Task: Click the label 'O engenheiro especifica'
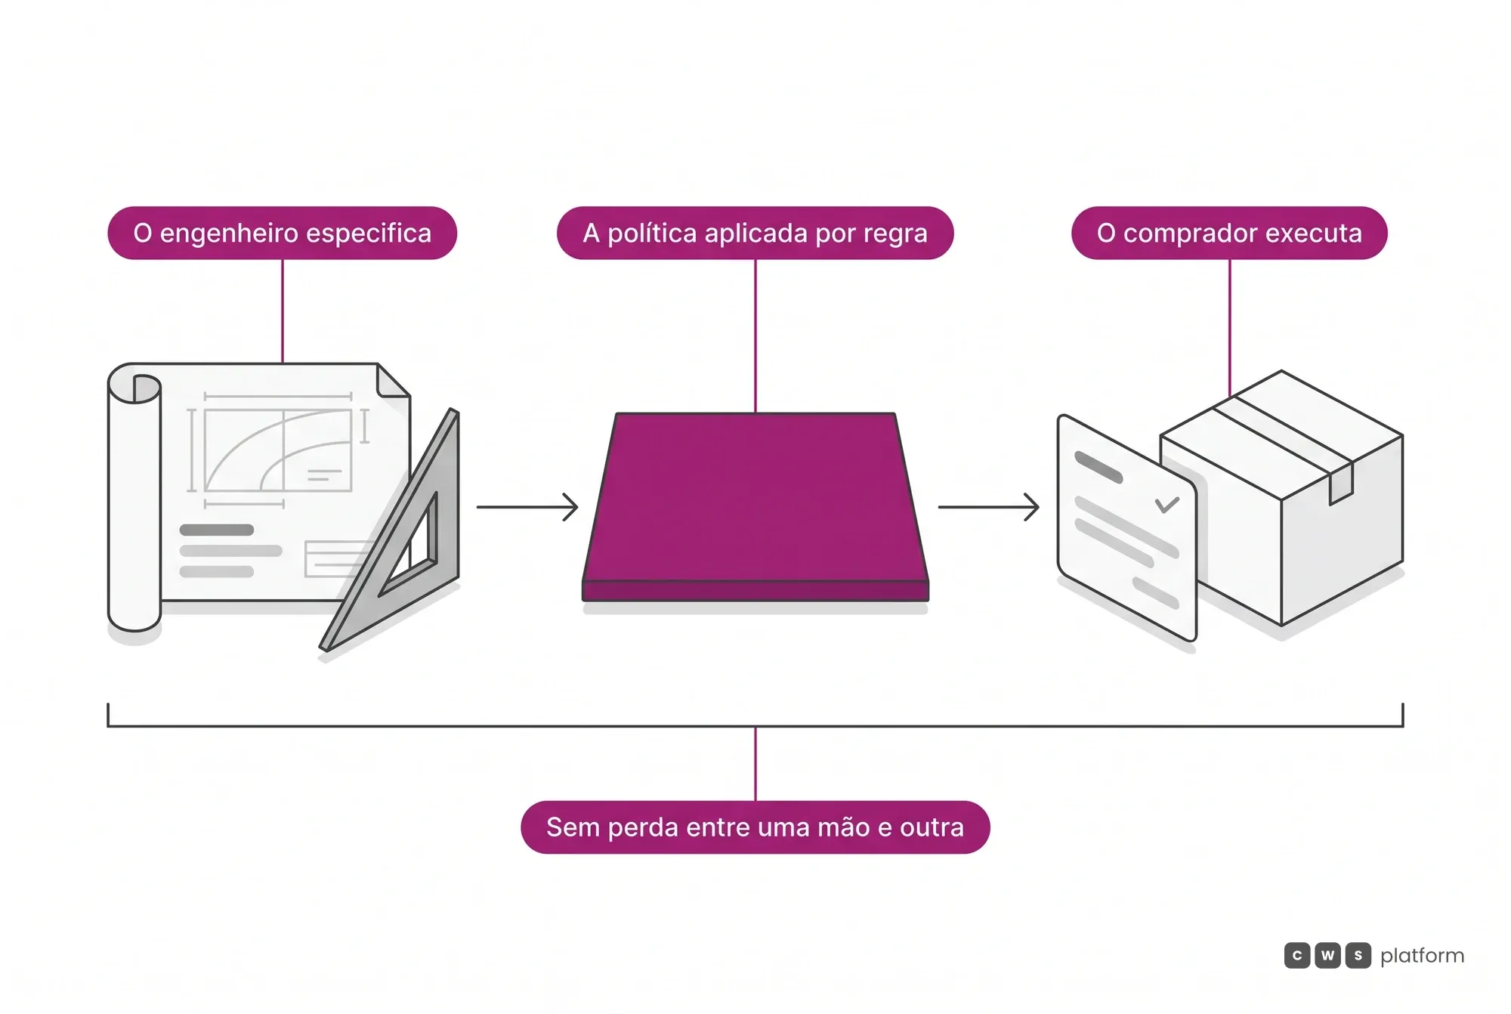coord(283,233)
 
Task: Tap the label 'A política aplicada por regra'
coord(755,233)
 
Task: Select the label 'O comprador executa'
coord(1229,233)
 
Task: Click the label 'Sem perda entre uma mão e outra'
coord(755,827)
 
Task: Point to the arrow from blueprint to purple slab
coord(527,507)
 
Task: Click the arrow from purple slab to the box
coord(989,507)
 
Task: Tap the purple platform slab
coord(755,506)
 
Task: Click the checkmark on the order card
coord(1167,504)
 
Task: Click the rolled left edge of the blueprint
coord(134,499)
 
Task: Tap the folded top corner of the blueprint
coord(393,380)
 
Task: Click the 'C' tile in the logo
coord(1297,956)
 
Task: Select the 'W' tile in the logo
coord(1327,956)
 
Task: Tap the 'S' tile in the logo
coord(1358,956)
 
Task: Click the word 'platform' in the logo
coord(1422,957)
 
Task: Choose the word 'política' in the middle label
coord(652,233)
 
